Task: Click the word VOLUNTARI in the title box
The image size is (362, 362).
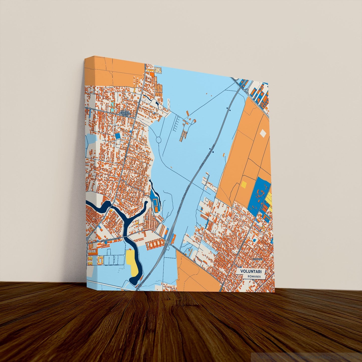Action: coord(249,271)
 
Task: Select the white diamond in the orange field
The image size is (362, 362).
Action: coord(263,133)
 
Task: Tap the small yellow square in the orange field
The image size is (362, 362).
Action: coord(244,184)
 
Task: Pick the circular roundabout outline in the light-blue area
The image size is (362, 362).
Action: coord(159,140)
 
